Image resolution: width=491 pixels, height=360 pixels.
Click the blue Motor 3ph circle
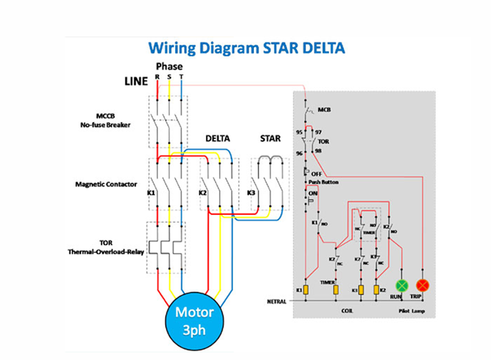[x=194, y=320]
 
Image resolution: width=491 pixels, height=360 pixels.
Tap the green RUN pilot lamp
[x=401, y=285]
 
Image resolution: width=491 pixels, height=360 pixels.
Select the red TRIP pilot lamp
[x=423, y=285]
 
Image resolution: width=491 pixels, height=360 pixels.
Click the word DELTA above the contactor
[x=218, y=138]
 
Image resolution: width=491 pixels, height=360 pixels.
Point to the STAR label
[x=270, y=138]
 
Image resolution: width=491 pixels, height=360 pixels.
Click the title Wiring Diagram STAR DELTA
[x=246, y=48]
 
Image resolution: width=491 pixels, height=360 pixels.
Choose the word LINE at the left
[x=136, y=81]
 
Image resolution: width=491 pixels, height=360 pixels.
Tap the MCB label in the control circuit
[x=324, y=109]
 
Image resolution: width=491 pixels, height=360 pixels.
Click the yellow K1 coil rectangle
[x=305, y=290]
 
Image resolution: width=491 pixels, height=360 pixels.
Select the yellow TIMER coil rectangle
[x=336, y=290]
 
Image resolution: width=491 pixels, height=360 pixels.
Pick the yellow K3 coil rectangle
[x=361, y=290]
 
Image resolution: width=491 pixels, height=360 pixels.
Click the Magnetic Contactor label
[x=106, y=184]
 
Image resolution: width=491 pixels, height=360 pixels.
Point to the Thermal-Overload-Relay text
[x=106, y=252]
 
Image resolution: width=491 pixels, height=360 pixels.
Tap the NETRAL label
[x=277, y=301]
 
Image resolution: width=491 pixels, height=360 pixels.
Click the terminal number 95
[x=299, y=132]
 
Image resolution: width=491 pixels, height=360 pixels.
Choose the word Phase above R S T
[x=169, y=67]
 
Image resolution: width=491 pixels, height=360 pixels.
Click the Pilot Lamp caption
[x=411, y=311]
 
